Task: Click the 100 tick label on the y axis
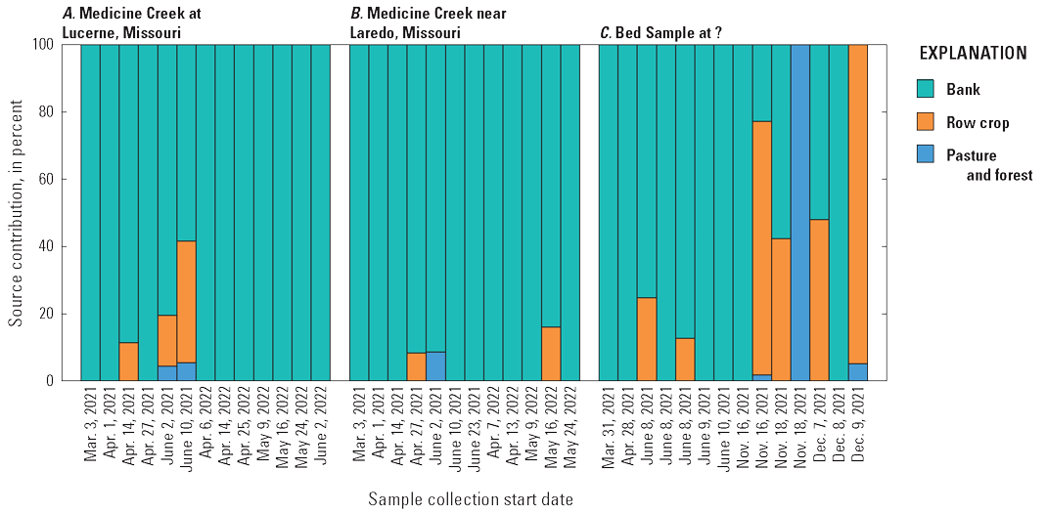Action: coord(55,45)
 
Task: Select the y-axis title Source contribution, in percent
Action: coord(17,211)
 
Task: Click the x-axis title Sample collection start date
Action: coord(471,499)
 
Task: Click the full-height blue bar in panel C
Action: coord(800,212)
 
